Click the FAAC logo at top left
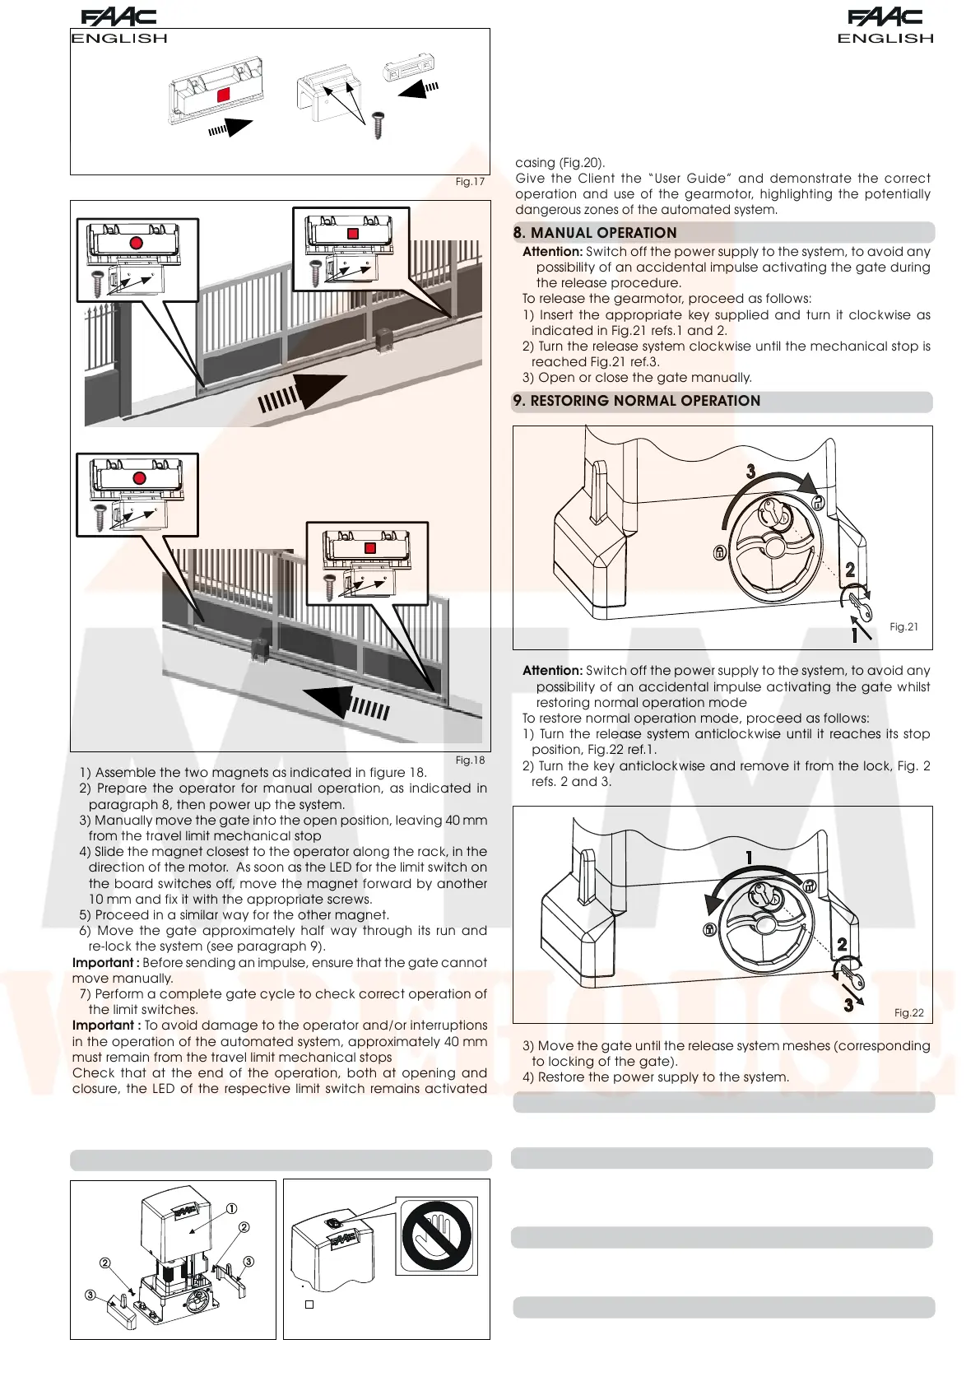tap(118, 17)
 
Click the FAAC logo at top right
tap(885, 17)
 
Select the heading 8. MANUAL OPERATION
tap(595, 233)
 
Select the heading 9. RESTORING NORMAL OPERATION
tap(637, 401)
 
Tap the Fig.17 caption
tap(470, 182)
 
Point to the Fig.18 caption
tap(470, 760)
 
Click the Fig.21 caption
tap(903, 627)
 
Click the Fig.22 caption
tap(908, 1013)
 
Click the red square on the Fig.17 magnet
tap(223, 95)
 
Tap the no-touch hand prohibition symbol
tap(436, 1236)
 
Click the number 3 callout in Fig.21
tap(750, 472)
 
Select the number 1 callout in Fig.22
tap(749, 858)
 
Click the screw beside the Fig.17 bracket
tap(379, 125)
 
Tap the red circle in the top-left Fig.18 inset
tap(137, 243)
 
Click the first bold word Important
tap(103, 963)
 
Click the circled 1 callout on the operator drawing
tap(232, 1208)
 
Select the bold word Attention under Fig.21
tap(552, 671)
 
